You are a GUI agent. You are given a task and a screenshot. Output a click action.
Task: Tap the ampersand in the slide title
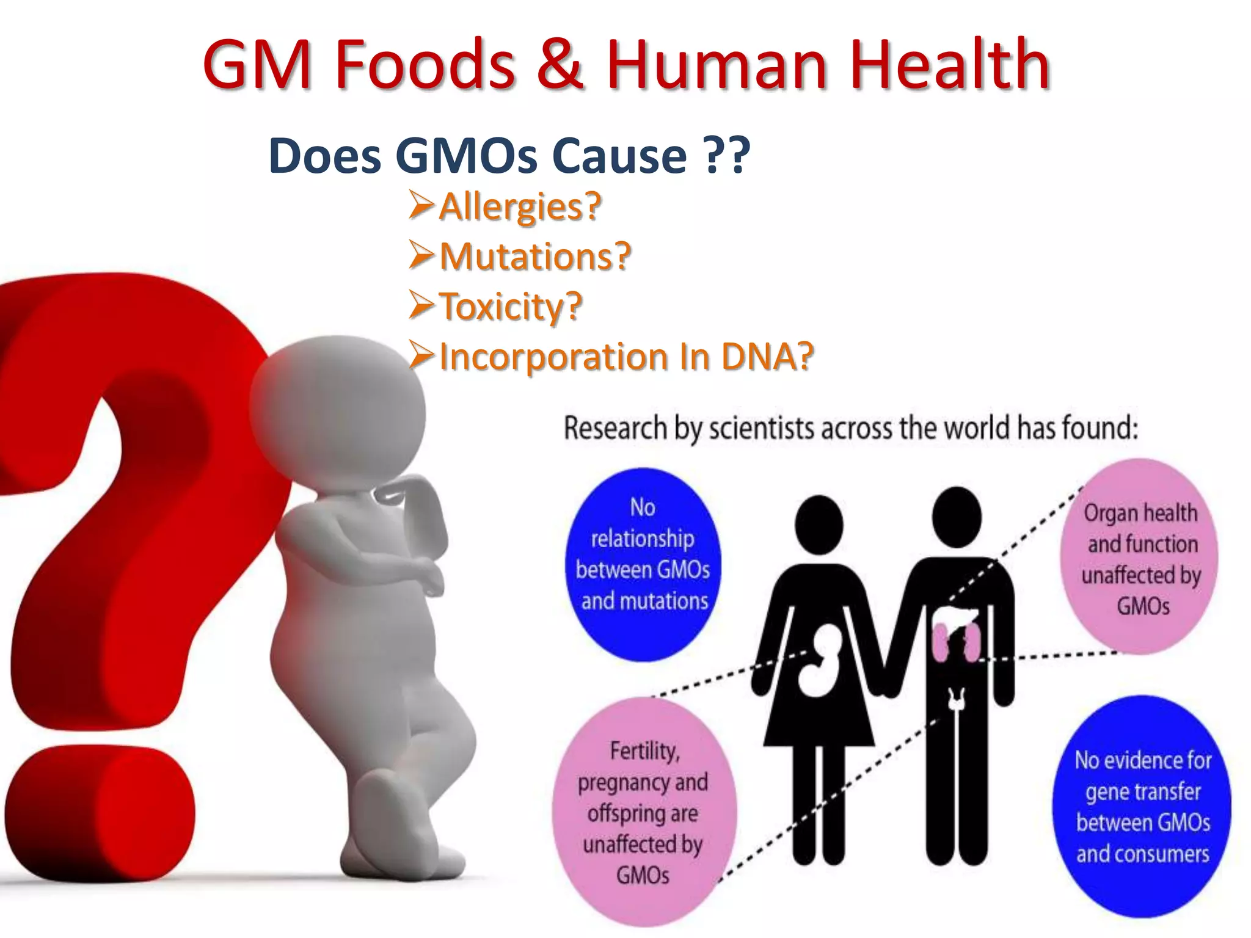point(560,64)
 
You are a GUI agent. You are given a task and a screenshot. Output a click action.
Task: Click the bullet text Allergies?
point(520,206)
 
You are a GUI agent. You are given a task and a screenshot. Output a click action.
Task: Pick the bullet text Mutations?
point(534,256)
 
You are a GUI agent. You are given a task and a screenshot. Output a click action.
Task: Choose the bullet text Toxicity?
point(511,307)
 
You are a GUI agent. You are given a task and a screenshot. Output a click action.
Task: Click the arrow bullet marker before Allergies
point(421,205)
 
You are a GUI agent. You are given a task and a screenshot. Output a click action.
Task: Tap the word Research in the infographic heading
point(615,428)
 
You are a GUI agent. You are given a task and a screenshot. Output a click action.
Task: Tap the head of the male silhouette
point(957,517)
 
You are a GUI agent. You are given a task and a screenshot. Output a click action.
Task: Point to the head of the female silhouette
point(819,524)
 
